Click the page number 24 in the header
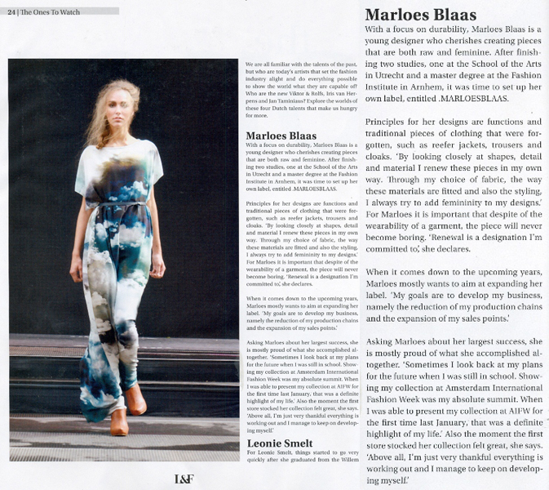(11, 11)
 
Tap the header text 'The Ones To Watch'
(45, 11)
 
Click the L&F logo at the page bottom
(184, 479)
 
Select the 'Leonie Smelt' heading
(279, 443)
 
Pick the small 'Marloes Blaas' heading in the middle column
(281, 136)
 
